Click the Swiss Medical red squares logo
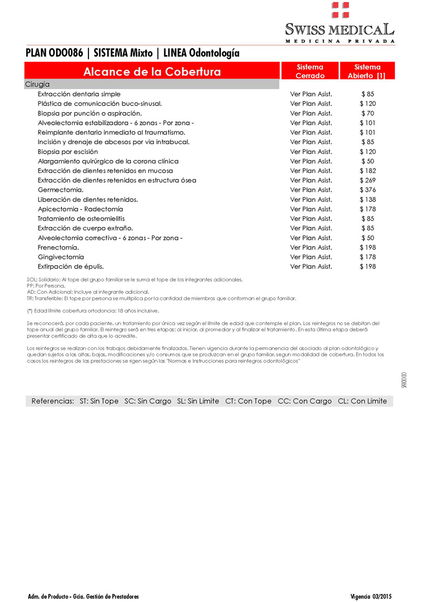click(340, 10)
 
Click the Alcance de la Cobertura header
click(152, 72)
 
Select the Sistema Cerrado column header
click(310, 71)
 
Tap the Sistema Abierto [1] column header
click(367, 71)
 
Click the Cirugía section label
click(37, 84)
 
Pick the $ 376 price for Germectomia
click(368, 190)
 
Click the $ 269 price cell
click(368, 180)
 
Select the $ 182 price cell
click(368, 171)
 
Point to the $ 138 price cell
click(368, 200)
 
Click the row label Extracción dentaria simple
click(79, 94)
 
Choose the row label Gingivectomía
click(61, 257)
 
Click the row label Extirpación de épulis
click(71, 267)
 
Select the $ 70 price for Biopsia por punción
click(368, 113)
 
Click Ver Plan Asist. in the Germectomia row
click(311, 190)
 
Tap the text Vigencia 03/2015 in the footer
click(371, 596)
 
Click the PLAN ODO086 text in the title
click(54, 53)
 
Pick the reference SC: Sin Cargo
click(148, 401)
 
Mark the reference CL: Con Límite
click(362, 401)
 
